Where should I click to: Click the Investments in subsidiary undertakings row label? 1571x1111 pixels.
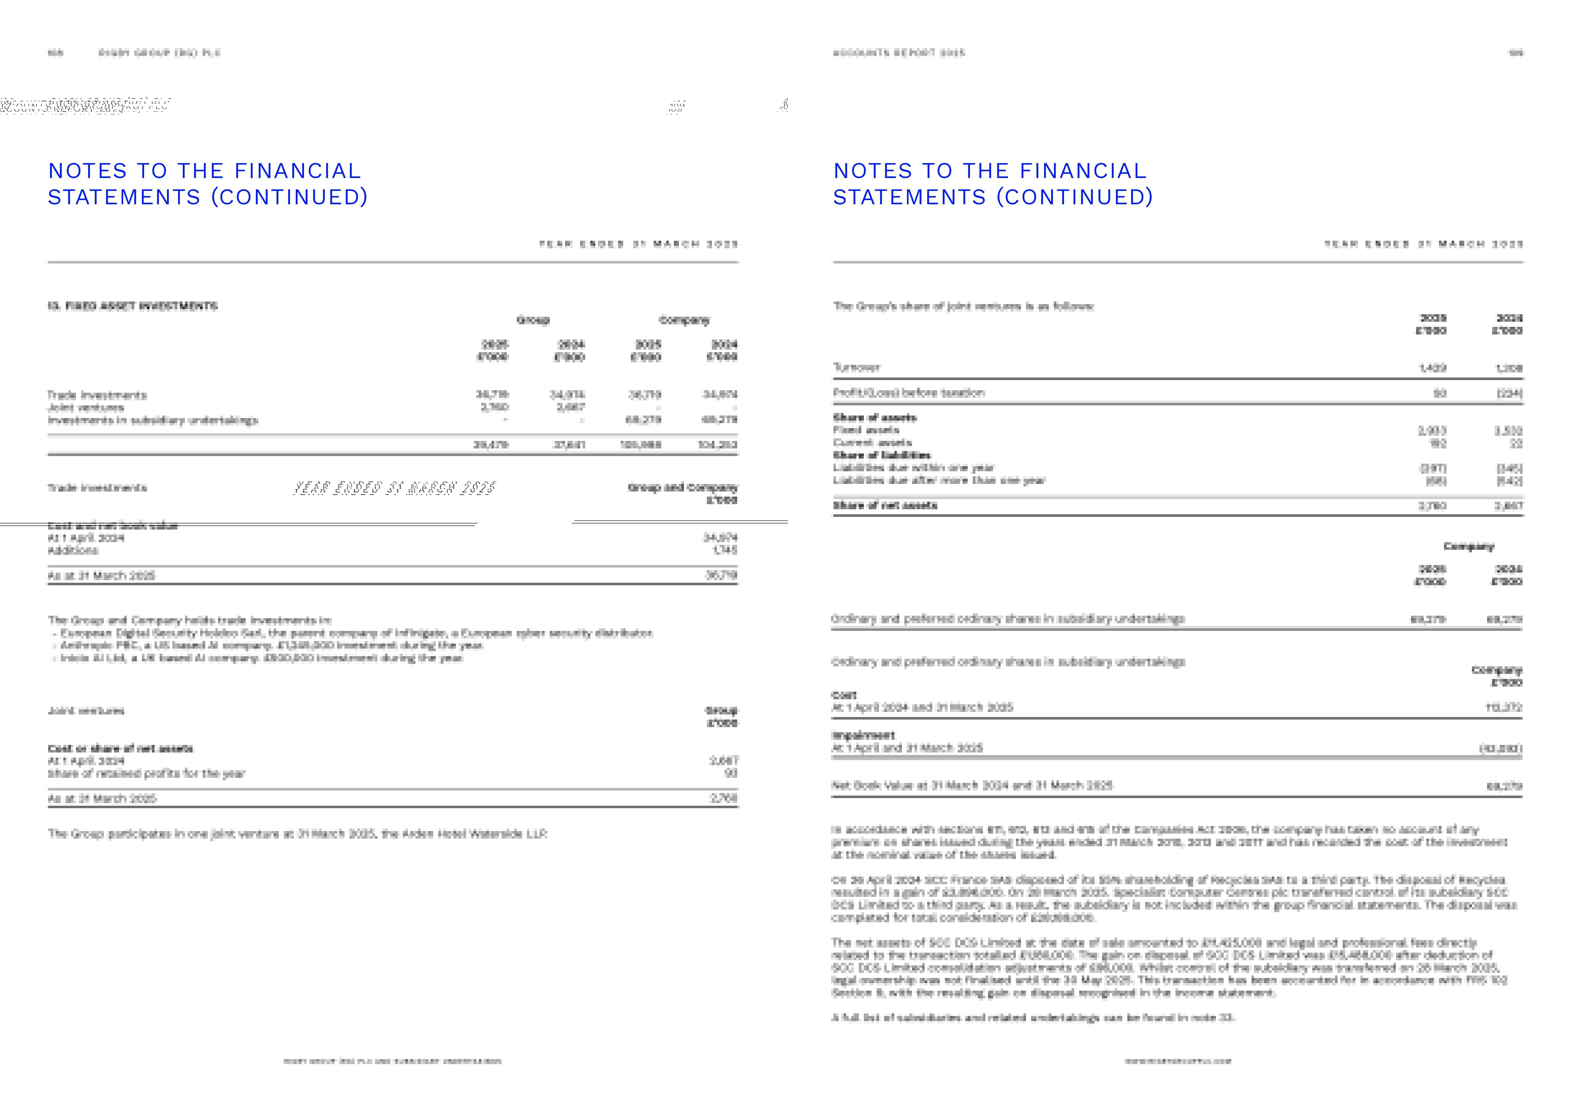coord(153,420)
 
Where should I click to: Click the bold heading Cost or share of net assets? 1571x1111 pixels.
coord(120,748)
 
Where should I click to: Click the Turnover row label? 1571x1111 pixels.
coord(857,367)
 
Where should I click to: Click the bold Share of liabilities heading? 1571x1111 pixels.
coord(881,455)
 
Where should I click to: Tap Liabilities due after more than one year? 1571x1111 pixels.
coord(939,480)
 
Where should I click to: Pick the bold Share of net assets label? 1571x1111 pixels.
coord(885,505)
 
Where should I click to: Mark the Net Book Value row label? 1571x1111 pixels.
coord(972,785)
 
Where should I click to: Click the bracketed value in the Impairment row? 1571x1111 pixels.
coord(1500,748)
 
